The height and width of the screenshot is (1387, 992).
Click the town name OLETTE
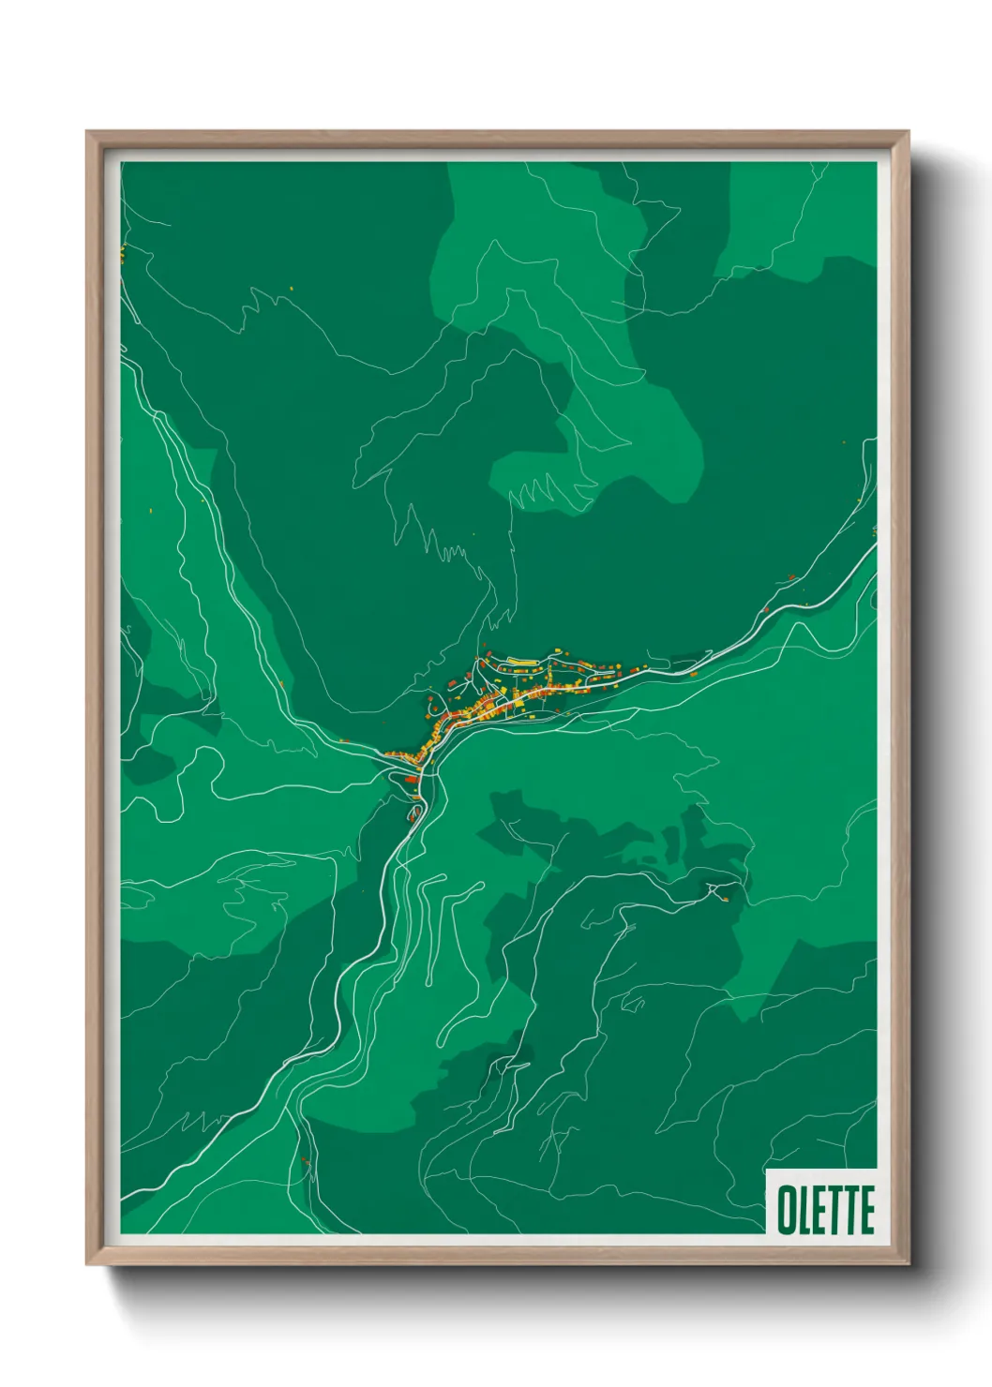point(825,1209)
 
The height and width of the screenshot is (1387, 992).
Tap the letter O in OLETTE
point(787,1210)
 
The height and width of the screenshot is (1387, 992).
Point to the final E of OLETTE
point(866,1210)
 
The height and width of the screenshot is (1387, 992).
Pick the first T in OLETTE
point(835,1210)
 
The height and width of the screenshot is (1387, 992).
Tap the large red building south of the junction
point(410,778)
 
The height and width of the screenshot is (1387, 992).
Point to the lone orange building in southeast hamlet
point(725,898)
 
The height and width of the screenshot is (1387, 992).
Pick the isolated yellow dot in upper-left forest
point(291,288)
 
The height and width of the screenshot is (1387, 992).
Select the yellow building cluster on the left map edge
point(122,252)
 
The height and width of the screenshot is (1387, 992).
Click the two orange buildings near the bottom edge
point(305,1163)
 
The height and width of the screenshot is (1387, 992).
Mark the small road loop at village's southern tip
point(414,812)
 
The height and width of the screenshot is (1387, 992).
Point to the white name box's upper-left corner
point(767,1170)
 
